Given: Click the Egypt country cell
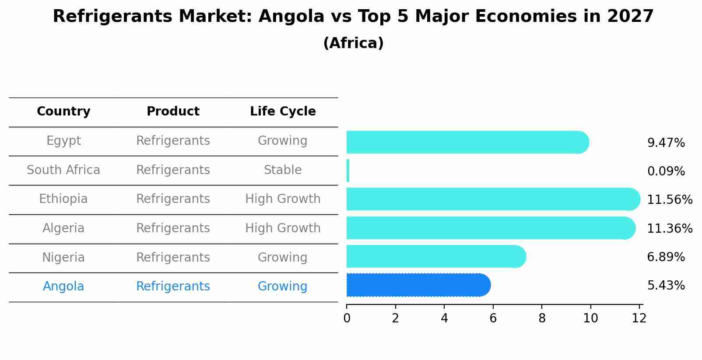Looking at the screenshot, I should coord(63,141).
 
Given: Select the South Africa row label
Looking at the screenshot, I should coord(63,170).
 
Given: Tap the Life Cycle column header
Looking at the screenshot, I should coord(283,112).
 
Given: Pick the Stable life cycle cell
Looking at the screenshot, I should coord(283,170).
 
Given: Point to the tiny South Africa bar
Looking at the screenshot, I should coord(348,171).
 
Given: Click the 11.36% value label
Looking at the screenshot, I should coord(670,229).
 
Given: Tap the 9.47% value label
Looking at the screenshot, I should coord(666,143).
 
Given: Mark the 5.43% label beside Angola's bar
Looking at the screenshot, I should coord(666,286).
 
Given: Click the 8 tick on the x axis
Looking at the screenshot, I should coord(542,318).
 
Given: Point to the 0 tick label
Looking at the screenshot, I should coord(347,318).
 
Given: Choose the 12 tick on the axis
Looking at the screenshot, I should coord(639,318).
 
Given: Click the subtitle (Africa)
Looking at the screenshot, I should coord(353,43).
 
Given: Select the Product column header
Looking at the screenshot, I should coord(173,112).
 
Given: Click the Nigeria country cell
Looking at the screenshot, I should coord(63,258).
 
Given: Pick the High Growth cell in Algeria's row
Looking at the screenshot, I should coord(283,228).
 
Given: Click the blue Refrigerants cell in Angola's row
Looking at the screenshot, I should coord(173,287).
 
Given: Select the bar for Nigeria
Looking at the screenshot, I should coord(435,256).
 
